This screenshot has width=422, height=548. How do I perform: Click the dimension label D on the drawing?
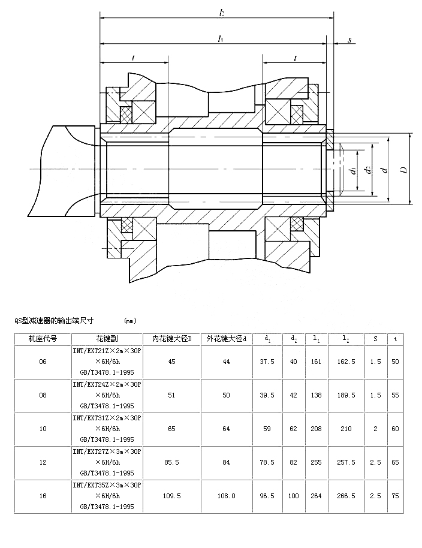[x=405, y=170]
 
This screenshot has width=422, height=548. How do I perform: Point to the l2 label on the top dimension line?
[x=222, y=12]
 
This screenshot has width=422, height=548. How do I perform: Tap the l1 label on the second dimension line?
[x=221, y=38]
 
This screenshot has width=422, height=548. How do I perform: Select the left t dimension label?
[x=132, y=58]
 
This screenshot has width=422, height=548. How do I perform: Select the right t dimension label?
[x=296, y=58]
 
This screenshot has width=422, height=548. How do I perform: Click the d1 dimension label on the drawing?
[x=353, y=170]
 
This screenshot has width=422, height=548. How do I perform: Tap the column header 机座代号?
[x=43, y=339]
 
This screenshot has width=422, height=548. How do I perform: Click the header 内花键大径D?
[x=171, y=339]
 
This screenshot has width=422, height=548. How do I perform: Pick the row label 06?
[x=43, y=362]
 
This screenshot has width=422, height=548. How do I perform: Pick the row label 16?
[x=43, y=496]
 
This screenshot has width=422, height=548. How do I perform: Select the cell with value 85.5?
[x=171, y=462]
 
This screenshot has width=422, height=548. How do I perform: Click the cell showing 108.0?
[x=227, y=496]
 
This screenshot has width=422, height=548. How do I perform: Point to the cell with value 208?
[x=316, y=429]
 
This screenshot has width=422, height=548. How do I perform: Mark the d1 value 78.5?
[x=267, y=462]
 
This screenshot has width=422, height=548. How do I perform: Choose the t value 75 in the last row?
[x=395, y=496]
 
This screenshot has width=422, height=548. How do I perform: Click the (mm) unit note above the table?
[x=130, y=321]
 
